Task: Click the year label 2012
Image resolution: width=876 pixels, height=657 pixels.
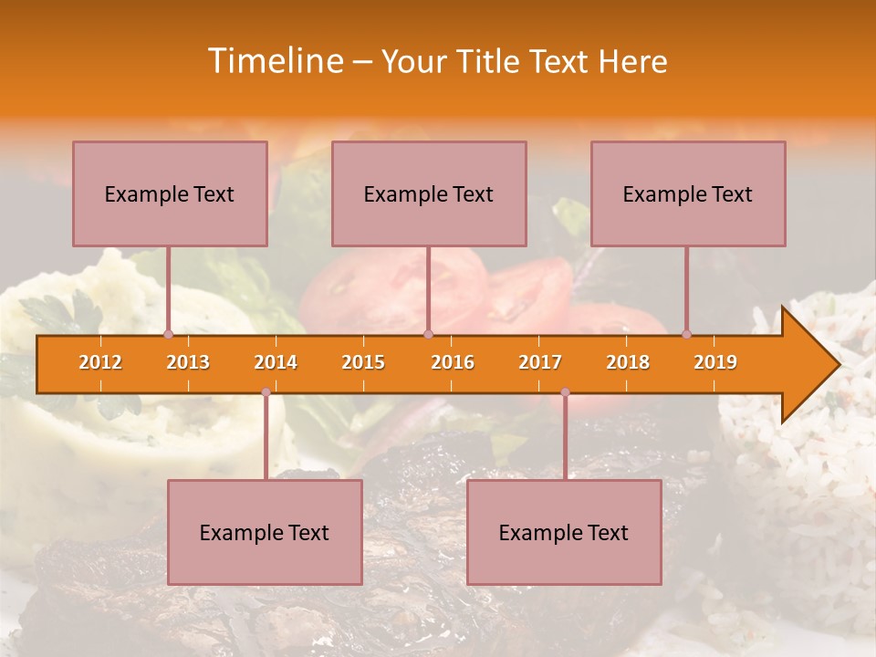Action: pos(100,362)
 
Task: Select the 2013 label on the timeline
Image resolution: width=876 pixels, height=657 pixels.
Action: pos(188,362)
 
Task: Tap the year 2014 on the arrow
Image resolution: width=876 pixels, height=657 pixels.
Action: pos(276,362)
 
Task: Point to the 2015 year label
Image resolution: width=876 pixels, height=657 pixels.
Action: pos(363,362)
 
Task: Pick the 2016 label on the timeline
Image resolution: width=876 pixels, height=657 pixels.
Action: pos(453,362)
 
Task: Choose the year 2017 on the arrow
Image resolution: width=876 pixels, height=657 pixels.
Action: pos(540,362)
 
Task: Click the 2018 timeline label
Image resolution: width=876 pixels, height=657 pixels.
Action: pos(628,362)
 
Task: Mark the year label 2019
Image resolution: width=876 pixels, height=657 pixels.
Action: pos(715,362)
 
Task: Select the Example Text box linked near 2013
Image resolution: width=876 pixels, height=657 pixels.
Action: pos(170,193)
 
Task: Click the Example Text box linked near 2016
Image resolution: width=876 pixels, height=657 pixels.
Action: pos(429,193)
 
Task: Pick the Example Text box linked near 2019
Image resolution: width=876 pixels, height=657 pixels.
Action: pos(688,193)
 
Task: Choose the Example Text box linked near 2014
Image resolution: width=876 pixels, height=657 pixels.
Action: pos(265,532)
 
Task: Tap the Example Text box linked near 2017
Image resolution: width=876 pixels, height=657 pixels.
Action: pos(564,532)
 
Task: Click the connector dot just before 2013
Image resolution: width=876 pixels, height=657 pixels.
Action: pos(168,334)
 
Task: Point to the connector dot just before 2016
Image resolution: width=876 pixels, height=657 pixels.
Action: pos(428,334)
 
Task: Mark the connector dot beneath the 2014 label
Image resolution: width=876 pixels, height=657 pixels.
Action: pos(266,392)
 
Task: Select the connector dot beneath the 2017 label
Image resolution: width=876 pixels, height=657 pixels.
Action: pos(565,392)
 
